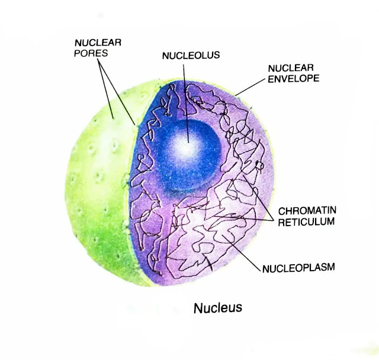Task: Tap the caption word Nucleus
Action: (x=218, y=308)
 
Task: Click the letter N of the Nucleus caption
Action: (x=198, y=308)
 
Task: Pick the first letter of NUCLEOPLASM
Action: (x=265, y=267)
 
